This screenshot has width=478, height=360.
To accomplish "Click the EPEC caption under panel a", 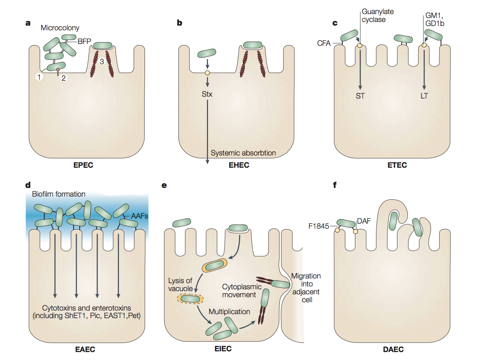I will tap(83, 165).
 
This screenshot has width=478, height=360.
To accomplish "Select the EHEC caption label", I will tap(239, 165).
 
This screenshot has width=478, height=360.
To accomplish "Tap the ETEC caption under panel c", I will tap(397, 165).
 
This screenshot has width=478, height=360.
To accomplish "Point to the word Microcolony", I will tap(60, 28).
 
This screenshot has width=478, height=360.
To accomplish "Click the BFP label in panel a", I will tap(84, 41).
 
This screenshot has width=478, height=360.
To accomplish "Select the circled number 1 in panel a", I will tap(39, 76).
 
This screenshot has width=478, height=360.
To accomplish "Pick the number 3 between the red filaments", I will tap(102, 62).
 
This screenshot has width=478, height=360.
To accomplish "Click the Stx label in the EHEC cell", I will tap(207, 94).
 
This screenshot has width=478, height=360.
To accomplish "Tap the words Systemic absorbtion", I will tap(243, 153).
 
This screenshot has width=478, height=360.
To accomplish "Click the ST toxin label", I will tap(360, 96).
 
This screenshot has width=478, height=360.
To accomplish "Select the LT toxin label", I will tap(424, 96).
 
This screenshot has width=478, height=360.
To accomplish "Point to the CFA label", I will tap(324, 43).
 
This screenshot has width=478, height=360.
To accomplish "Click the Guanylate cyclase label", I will tap(377, 16).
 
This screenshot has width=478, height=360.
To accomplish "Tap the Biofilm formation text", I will tap(59, 194).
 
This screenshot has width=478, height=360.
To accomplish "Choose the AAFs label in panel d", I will tap(140, 216).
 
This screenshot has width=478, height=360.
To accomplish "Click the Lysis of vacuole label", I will tap(180, 285).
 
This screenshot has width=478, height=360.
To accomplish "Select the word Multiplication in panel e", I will tap(229, 312).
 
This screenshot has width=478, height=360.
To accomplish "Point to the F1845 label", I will tap(319, 226).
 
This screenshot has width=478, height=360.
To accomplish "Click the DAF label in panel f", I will tap(364, 221).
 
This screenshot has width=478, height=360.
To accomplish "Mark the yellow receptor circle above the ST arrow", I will tap(359, 46).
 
